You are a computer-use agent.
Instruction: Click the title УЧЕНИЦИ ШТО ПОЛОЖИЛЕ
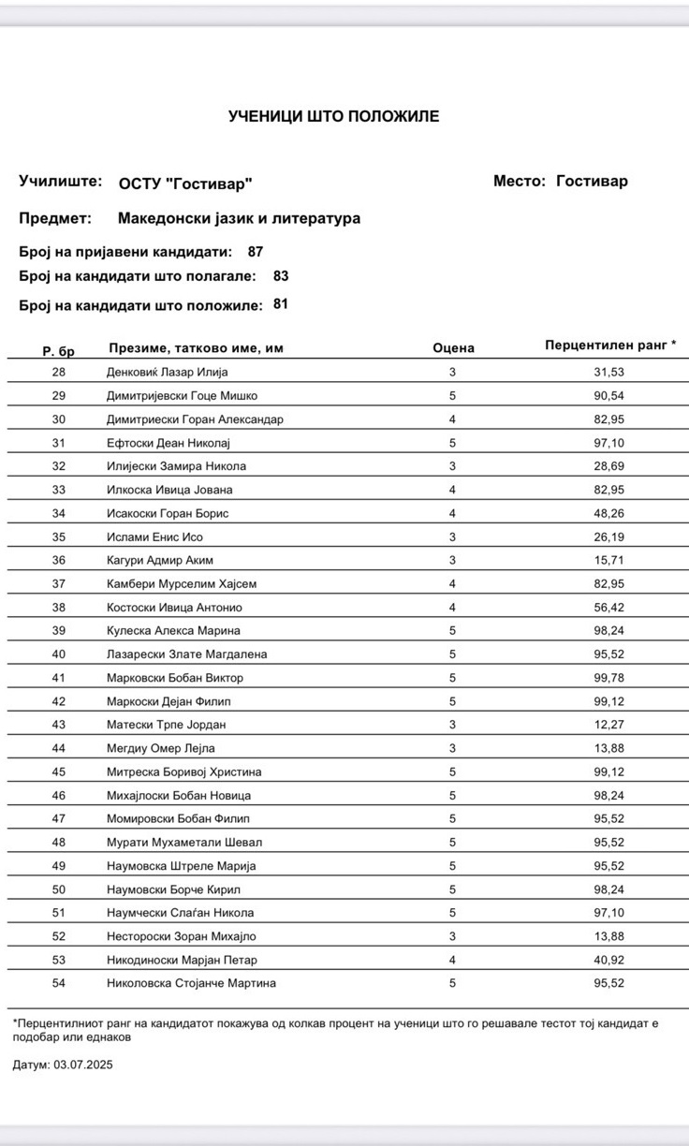pos(333,116)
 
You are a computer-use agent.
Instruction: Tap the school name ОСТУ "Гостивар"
pos(185,184)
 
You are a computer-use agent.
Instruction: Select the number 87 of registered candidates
pos(256,251)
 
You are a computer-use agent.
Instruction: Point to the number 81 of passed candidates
pos(281,303)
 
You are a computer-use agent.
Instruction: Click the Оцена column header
pos(453,348)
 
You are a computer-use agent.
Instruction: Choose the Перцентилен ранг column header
pos(610,345)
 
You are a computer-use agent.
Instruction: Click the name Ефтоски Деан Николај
pos(169,443)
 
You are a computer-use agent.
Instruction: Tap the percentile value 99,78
pos(608,678)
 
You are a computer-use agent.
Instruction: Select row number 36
pos(59,560)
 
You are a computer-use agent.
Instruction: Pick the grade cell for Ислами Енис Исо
pos(452,536)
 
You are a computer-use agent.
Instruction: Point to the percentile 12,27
pos(608,725)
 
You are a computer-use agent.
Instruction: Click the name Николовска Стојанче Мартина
pos(192,983)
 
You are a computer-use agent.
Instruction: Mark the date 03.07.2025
pos(83,1065)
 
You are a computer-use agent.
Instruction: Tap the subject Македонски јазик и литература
pos(239,219)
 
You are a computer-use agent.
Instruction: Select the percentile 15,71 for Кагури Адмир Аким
pos(608,560)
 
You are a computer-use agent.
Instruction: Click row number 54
pos(59,983)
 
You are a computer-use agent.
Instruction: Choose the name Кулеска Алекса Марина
pos(174,631)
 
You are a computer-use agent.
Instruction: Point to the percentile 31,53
pos(608,373)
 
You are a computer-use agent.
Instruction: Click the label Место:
pos(520,182)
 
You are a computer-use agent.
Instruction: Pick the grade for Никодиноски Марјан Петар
pos(452,960)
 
